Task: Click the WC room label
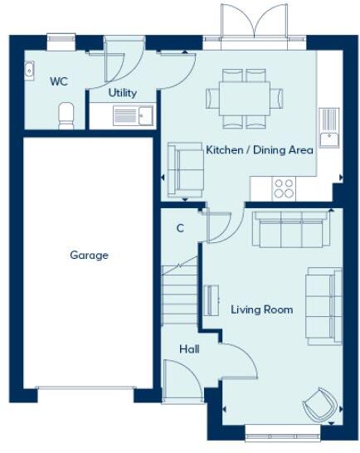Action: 58,81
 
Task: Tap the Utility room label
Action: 123,93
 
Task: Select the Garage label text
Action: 89,256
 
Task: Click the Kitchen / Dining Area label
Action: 259,150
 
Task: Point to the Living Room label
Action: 262,309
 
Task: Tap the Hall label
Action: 189,349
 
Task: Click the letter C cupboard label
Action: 179,227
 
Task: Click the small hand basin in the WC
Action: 28,71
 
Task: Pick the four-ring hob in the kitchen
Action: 284,188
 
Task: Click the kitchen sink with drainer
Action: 329,129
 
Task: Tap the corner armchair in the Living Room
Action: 320,405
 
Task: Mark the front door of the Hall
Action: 184,383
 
